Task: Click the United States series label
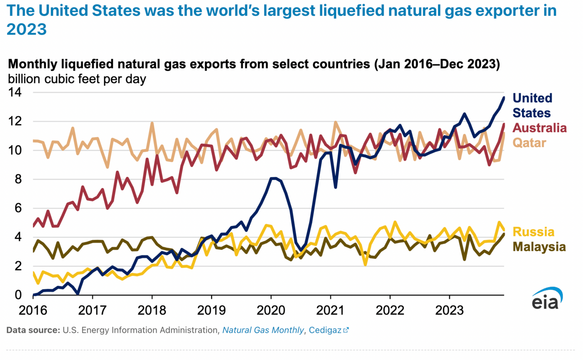(x=532, y=105)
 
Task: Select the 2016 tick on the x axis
(x=33, y=310)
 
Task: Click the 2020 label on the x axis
(x=271, y=310)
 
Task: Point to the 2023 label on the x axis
(x=449, y=310)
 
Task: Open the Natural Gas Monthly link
(x=263, y=330)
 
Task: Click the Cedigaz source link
(x=329, y=330)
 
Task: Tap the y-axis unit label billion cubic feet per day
(x=77, y=79)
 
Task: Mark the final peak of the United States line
(x=504, y=97)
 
